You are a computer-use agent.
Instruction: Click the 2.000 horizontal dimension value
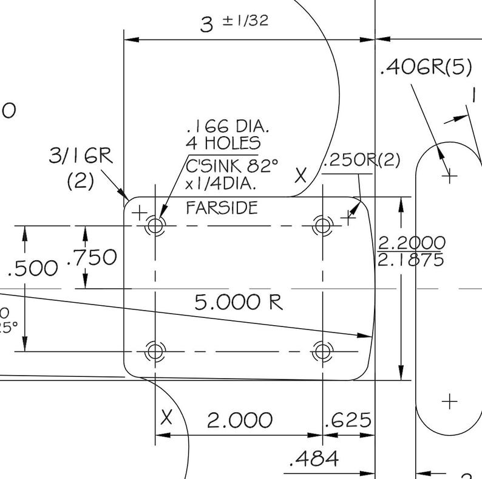point(239,420)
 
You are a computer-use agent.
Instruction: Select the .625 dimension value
point(348,420)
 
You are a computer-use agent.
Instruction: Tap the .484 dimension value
point(314,459)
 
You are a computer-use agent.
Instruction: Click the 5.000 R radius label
point(239,302)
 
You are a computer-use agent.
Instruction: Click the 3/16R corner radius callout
point(81,156)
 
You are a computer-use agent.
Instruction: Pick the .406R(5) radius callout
point(425,68)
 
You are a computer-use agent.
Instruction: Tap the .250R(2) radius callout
point(362,160)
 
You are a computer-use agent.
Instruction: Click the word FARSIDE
point(222,208)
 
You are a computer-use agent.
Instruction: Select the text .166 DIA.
point(228,126)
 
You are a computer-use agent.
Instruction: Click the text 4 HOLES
point(223,144)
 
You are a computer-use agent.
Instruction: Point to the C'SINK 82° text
point(232,165)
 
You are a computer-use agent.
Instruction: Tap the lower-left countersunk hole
point(155,351)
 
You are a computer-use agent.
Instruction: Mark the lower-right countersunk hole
point(322,351)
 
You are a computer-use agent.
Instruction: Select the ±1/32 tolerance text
point(245,21)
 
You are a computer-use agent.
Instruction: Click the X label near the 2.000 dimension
point(167,418)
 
